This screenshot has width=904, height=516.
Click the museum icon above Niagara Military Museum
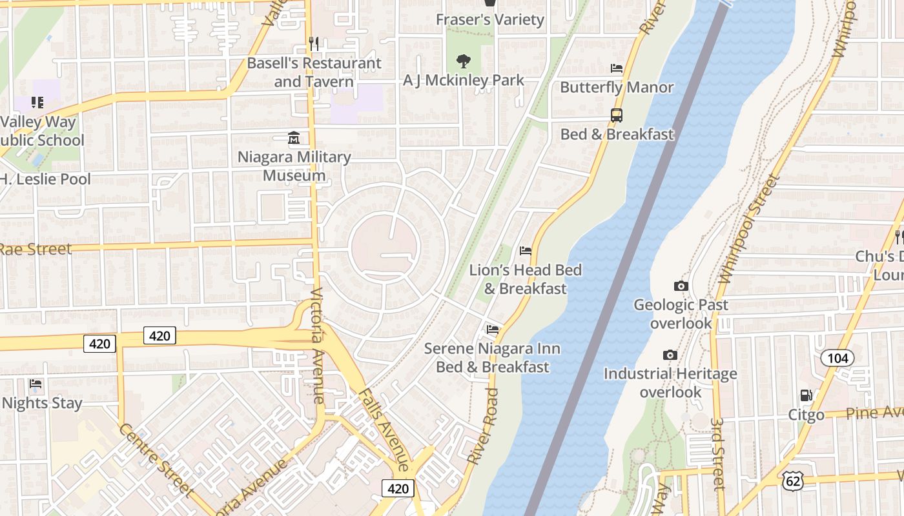tap(294, 138)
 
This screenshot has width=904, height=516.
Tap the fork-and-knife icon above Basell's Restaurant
tap(314, 44)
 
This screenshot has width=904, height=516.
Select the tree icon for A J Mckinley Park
tap(463, 62)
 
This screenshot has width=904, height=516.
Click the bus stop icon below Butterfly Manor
tap(617, 115)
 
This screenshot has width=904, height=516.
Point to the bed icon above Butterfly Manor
tap(617, 68)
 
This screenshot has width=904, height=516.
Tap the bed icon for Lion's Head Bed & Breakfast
tap(526, 251)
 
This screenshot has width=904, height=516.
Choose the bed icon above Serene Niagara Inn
tap(493, 330)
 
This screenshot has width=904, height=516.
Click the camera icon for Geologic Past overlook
tap(681, 286)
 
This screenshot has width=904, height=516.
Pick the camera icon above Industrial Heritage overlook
tap(670, 355)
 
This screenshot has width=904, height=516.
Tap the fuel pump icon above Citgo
tap(806, 395)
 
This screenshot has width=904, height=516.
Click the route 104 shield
tap(837, 358)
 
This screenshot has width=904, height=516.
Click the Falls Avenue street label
tap(384, 430)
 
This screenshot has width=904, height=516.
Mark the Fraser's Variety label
tap(490, 19)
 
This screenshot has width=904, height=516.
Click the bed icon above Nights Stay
tap(36, 384)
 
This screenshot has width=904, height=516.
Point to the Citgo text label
tap(806, 414)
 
